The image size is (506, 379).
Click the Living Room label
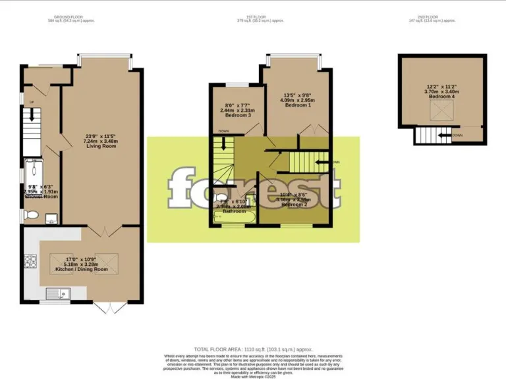100,145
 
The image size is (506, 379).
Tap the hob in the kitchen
30,261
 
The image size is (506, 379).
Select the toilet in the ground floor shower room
30,215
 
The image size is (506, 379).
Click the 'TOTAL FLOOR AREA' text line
253,349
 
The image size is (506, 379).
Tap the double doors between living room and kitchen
104,230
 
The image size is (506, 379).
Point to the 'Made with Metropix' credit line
253,374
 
